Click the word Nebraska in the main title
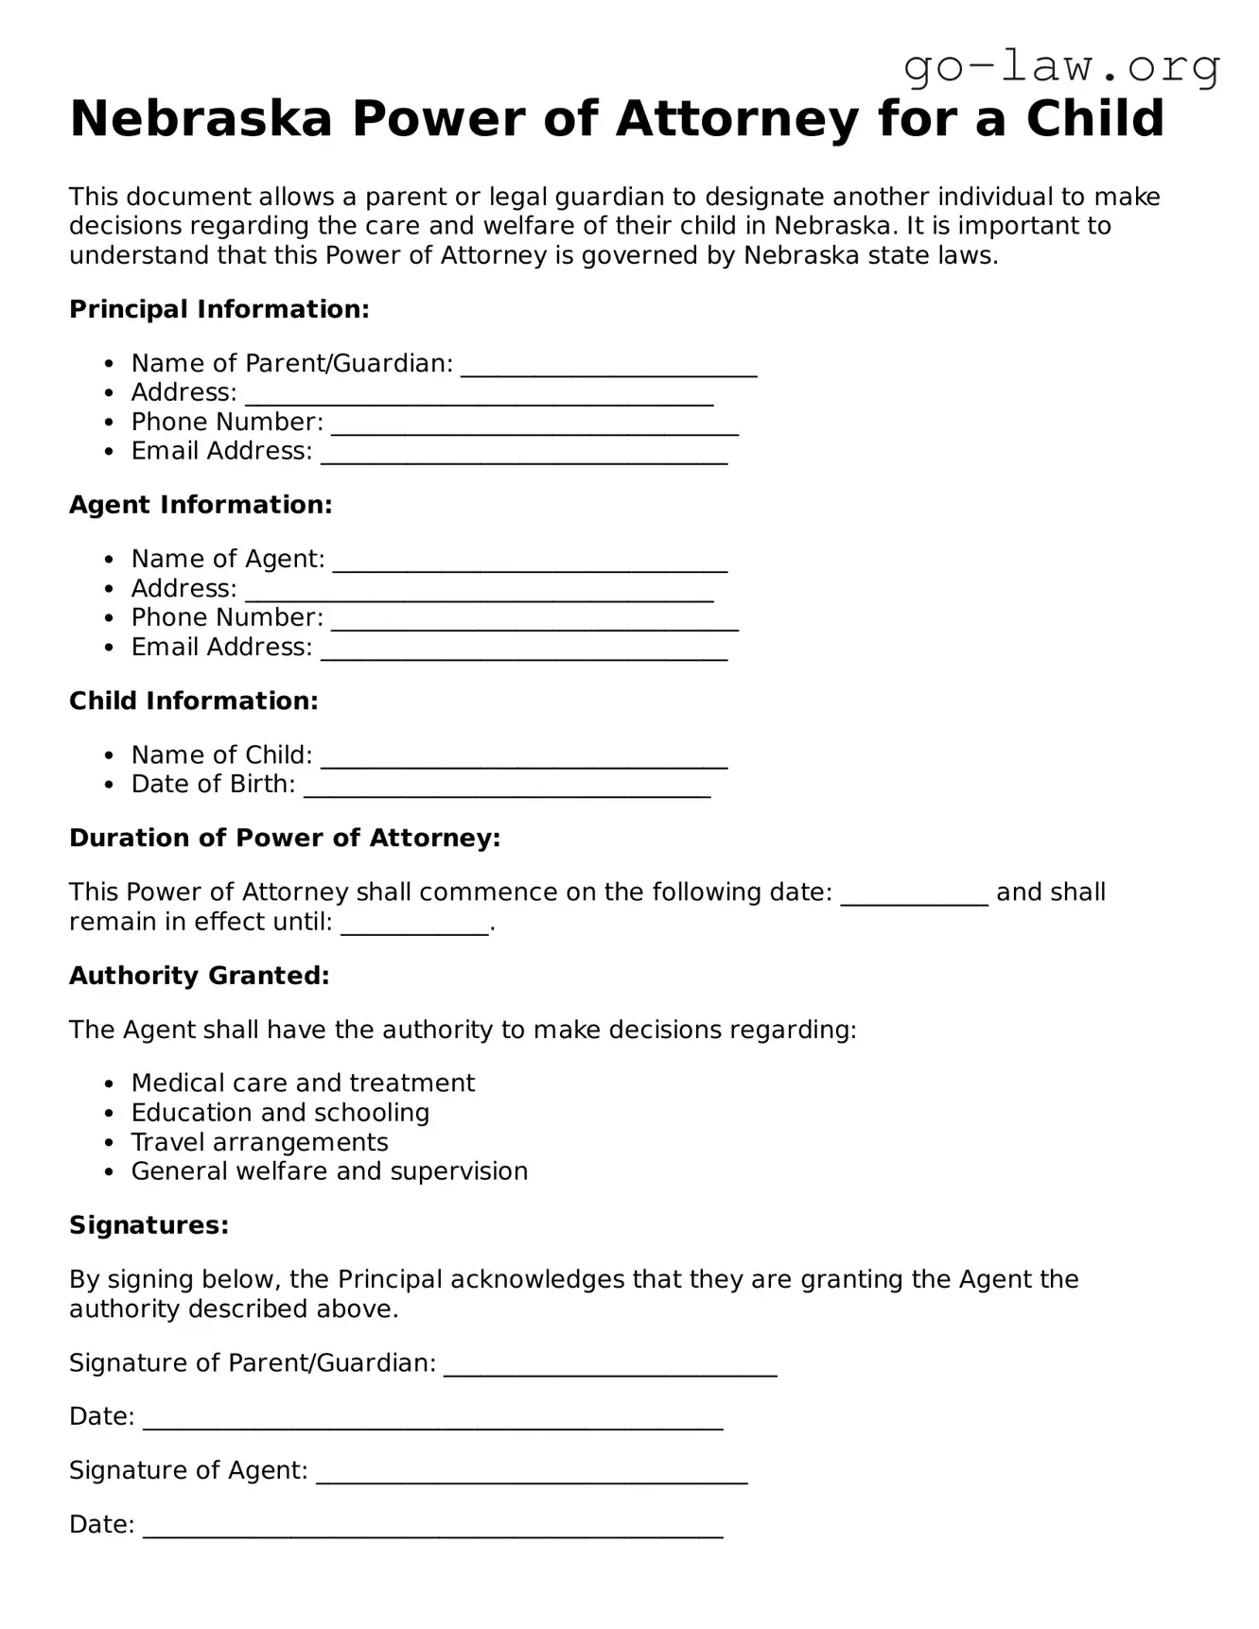click(201, 119)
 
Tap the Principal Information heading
click(219, 309)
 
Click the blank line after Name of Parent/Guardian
click(608, 367)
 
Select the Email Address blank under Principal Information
click(524, 455)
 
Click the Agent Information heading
click(201, 505)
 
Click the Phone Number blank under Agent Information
click(534, 621)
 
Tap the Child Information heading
click(194, 701)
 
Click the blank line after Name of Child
click(524, 758)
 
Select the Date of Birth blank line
click(507, 788)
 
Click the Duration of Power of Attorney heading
click(285, 838)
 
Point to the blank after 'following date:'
click(914, 895)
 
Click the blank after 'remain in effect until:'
click(414, 925)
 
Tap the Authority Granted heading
click(200, 976)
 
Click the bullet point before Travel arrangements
click(111, 1143)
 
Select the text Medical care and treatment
click(303, 1083)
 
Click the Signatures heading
click(149, 1225)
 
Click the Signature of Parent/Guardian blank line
click(610, 1366)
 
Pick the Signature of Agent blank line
click(532, 1474)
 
